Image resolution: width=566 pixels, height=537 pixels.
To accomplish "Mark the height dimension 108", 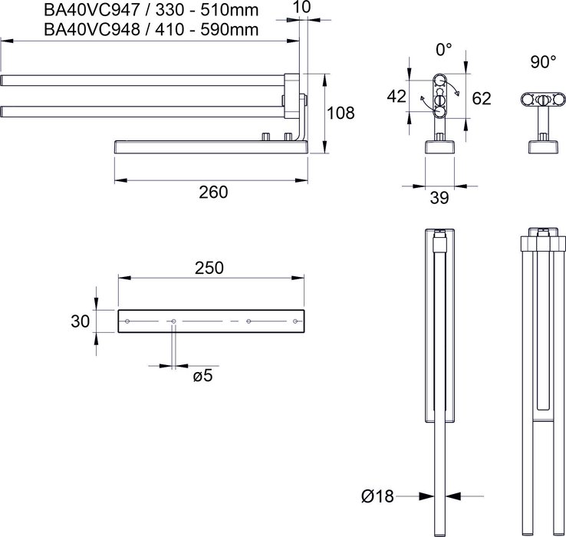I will tap(341, 114).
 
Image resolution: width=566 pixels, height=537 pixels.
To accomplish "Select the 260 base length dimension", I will tap(212, 193).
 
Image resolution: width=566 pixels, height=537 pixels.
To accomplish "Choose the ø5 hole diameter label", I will tap(202, 377).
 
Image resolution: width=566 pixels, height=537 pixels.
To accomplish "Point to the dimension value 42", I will tap(397, 97).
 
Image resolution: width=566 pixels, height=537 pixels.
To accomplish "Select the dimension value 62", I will tap(482, 98).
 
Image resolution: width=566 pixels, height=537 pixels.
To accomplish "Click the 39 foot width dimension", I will tap(439, 197).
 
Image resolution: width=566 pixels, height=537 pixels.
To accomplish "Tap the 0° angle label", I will tap(444, 50).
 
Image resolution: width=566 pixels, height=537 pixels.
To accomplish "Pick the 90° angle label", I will tap(543, 62).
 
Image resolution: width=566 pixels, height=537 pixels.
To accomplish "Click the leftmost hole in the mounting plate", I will tap(128, 320).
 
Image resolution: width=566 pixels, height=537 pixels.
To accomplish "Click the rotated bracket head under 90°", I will tap(544, 100).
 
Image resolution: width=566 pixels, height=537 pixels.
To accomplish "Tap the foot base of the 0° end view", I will tap(439, 147).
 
